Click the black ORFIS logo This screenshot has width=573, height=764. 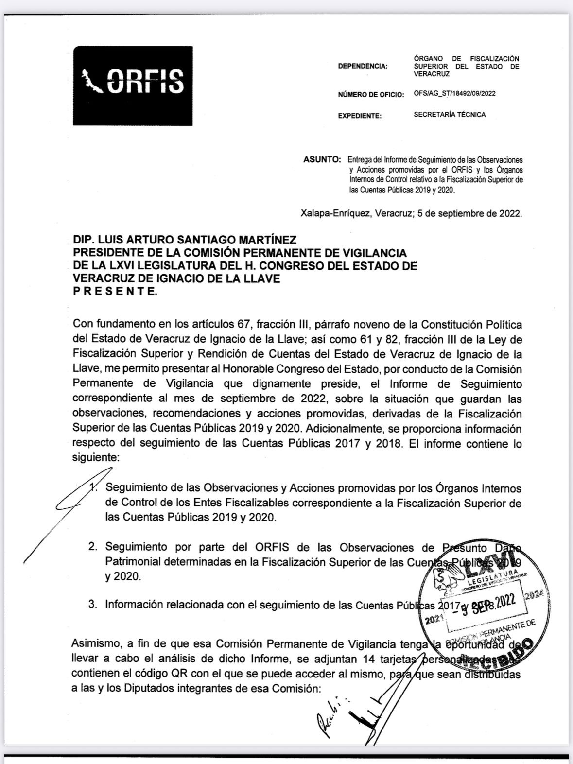tap(133, 86)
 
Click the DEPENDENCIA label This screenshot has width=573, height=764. tap(363, 67)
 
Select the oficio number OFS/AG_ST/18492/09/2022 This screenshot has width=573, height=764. tap(454, 94)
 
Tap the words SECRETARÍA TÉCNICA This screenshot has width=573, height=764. tap(450, 115)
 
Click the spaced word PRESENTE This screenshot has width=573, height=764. tap(115, 292)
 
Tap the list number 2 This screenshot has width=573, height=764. tap(92, 547)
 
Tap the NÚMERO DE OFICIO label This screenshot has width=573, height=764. tap(371, 94)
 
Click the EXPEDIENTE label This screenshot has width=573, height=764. tap(360, 116)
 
